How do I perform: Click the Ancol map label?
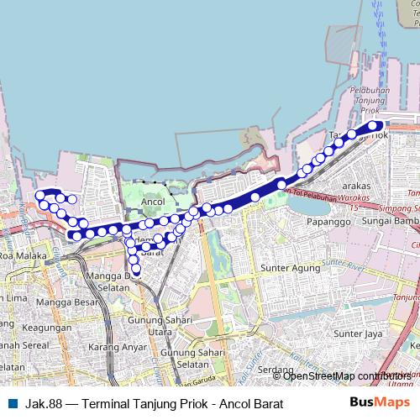click(153, 202)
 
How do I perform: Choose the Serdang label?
click(276, 370)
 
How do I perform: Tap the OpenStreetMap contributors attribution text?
click(346, 375)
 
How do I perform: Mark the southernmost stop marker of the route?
click(136, 270)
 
